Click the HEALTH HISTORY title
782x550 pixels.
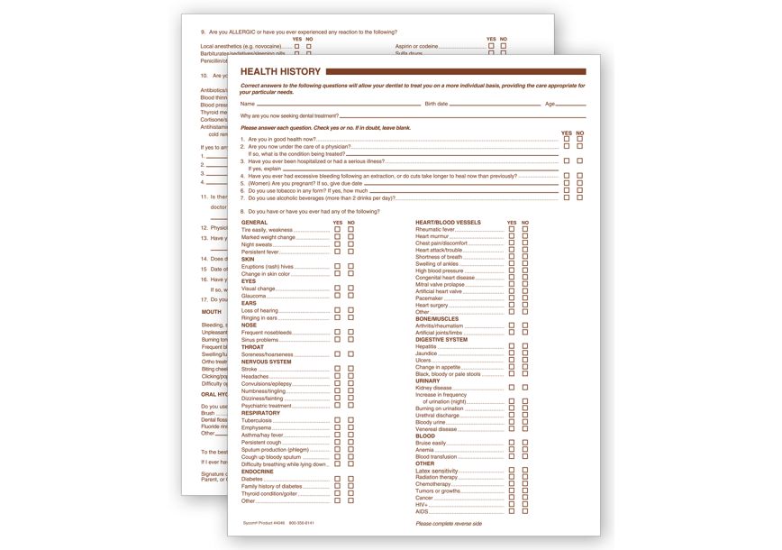[279, 71]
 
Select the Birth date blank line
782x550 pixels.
[495, 105]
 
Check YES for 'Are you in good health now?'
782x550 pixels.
[567, 140]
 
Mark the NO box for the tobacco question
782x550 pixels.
[580, 190]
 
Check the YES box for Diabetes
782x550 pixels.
[338, 479]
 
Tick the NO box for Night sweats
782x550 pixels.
[351, 244]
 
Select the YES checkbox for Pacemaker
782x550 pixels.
[512, 298]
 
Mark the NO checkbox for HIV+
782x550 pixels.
[525, 504]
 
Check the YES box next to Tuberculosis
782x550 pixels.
[338, 420]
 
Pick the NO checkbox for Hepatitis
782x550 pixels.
[525, 346]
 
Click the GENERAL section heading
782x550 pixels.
[254, 222]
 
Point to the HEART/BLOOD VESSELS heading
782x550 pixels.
[448, 222]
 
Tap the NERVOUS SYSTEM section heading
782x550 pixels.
[267, 362]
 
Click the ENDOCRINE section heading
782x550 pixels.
[258, 472]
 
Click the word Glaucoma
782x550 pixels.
[253, 296]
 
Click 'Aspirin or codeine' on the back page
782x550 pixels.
[416, 46]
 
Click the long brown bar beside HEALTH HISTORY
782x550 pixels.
[455, 71]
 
